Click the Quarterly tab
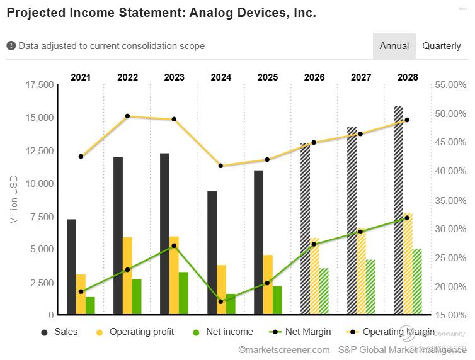[442, 46]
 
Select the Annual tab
[394, 46]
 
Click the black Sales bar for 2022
[118, 235]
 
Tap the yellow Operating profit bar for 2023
[174, 277]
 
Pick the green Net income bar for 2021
[90, 306]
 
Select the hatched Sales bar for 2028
[398, 210]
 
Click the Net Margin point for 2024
[220, 301]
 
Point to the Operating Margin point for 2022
[127, 116]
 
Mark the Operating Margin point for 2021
[81, 156]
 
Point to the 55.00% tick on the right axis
[450, 85]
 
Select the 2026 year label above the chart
[314, 77]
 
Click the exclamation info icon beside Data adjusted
[11, 46]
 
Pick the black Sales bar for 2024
[212, 252]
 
